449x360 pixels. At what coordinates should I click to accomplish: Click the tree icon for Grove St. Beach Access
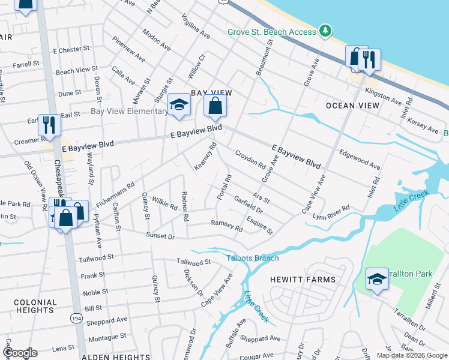325,31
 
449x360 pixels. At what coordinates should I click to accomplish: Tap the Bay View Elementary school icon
178,105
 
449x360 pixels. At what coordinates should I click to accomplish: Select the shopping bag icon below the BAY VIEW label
215,107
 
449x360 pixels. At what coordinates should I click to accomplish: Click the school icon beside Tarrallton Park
377,280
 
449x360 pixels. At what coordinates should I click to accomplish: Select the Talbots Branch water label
252,258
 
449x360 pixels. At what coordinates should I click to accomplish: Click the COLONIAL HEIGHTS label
27,306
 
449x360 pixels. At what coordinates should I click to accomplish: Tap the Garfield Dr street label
249,205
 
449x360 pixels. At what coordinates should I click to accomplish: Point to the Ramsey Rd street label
226,226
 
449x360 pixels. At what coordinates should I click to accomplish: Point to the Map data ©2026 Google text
411,355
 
